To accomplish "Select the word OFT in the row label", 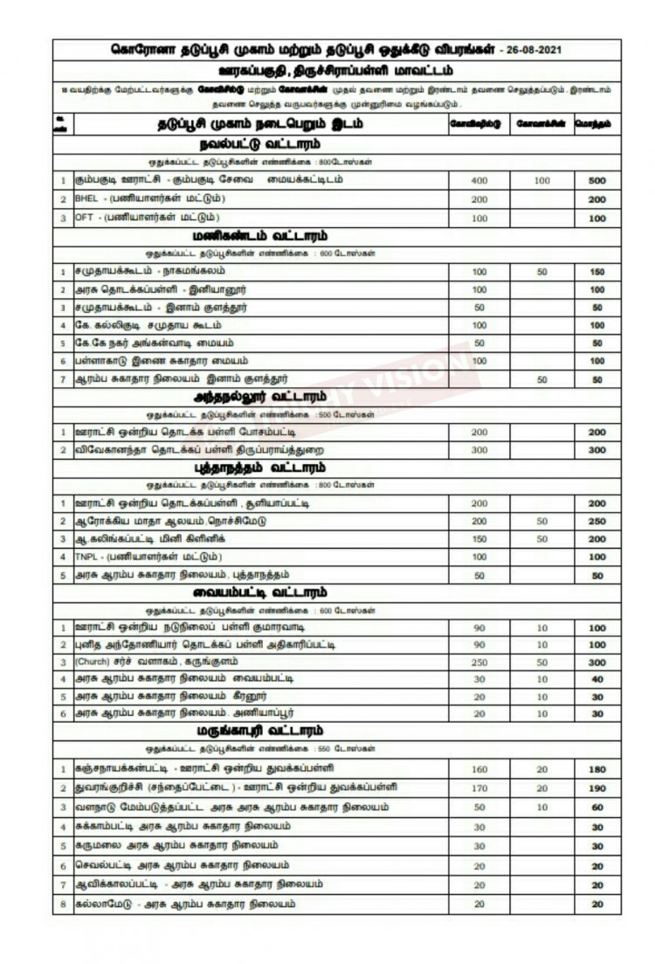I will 84,217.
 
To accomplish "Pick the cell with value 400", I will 479,181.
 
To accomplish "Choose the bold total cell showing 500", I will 596,181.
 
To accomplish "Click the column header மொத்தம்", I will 596,123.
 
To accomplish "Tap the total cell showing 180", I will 596,769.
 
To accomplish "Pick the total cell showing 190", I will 596,787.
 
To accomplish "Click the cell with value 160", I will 479,769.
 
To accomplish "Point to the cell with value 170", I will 479,787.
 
